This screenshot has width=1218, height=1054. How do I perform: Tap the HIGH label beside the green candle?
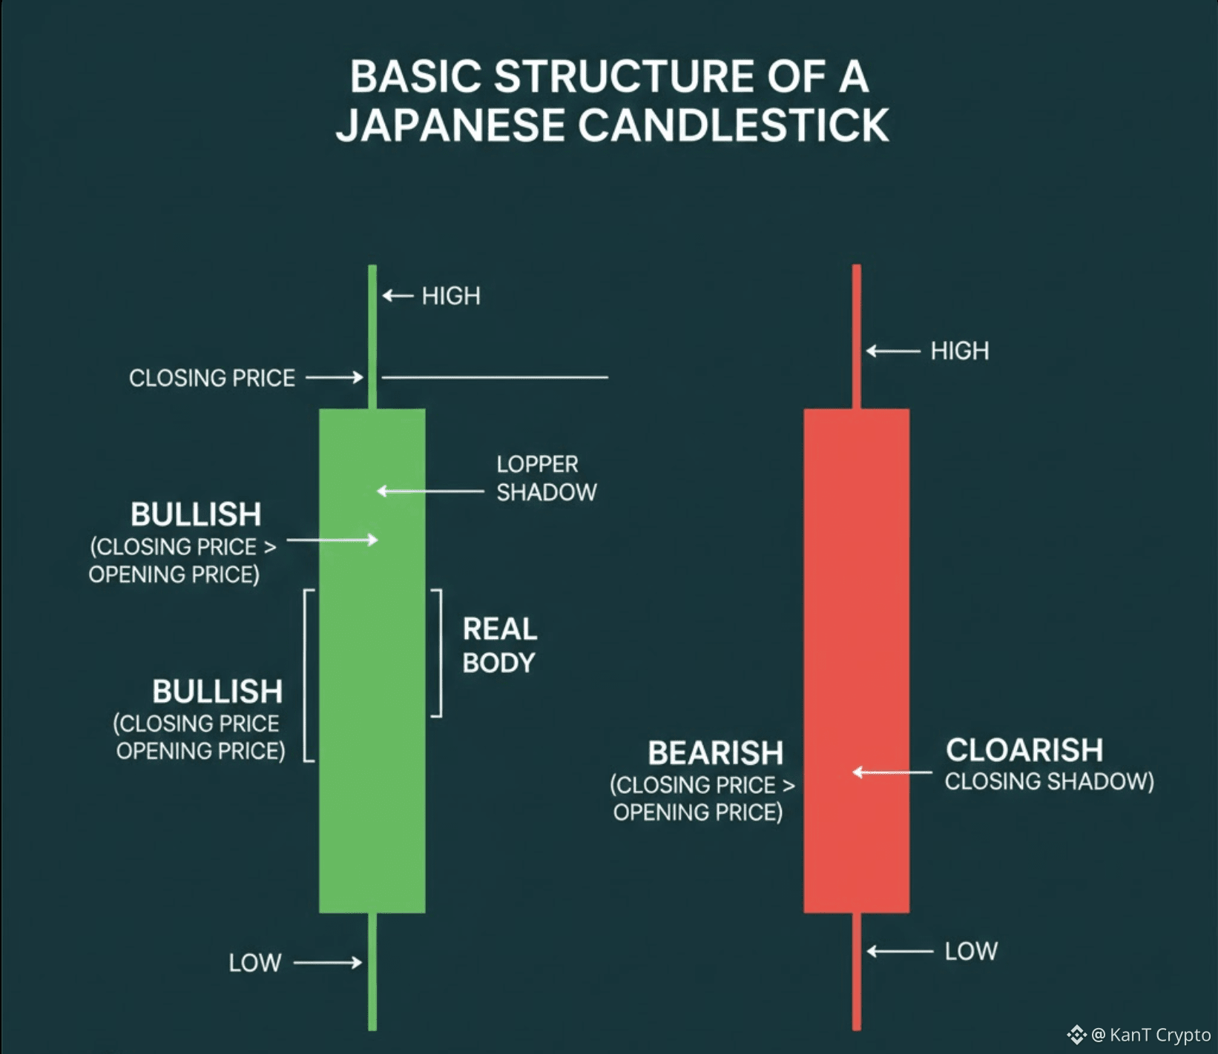tap(451, 296)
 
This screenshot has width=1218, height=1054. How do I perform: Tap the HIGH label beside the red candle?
tap(960, 351)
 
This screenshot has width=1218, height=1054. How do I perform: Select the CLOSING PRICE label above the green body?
tap(212, 378)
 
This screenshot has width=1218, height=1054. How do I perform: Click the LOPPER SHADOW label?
tap(546, 478)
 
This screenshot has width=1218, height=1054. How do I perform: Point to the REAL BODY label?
tap(499, 646)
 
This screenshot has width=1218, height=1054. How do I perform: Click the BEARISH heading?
tap(715, 753)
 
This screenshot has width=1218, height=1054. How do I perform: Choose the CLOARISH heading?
tap(1024, 750)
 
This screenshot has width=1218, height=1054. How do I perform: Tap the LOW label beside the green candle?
tap(255, 963)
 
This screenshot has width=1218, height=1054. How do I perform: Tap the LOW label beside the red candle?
tap(971, 951)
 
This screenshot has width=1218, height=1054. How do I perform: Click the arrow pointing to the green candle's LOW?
tap(327, 963)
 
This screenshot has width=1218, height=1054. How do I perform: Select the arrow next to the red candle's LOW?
tap(900, 951)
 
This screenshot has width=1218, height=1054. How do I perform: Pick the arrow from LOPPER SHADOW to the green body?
tap(430, 491)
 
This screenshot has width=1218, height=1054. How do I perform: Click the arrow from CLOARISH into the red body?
tap(892, 772)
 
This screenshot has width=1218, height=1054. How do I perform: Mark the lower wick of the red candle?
tap(857, 971)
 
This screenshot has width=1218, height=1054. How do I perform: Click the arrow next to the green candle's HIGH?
tap(398, 296)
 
